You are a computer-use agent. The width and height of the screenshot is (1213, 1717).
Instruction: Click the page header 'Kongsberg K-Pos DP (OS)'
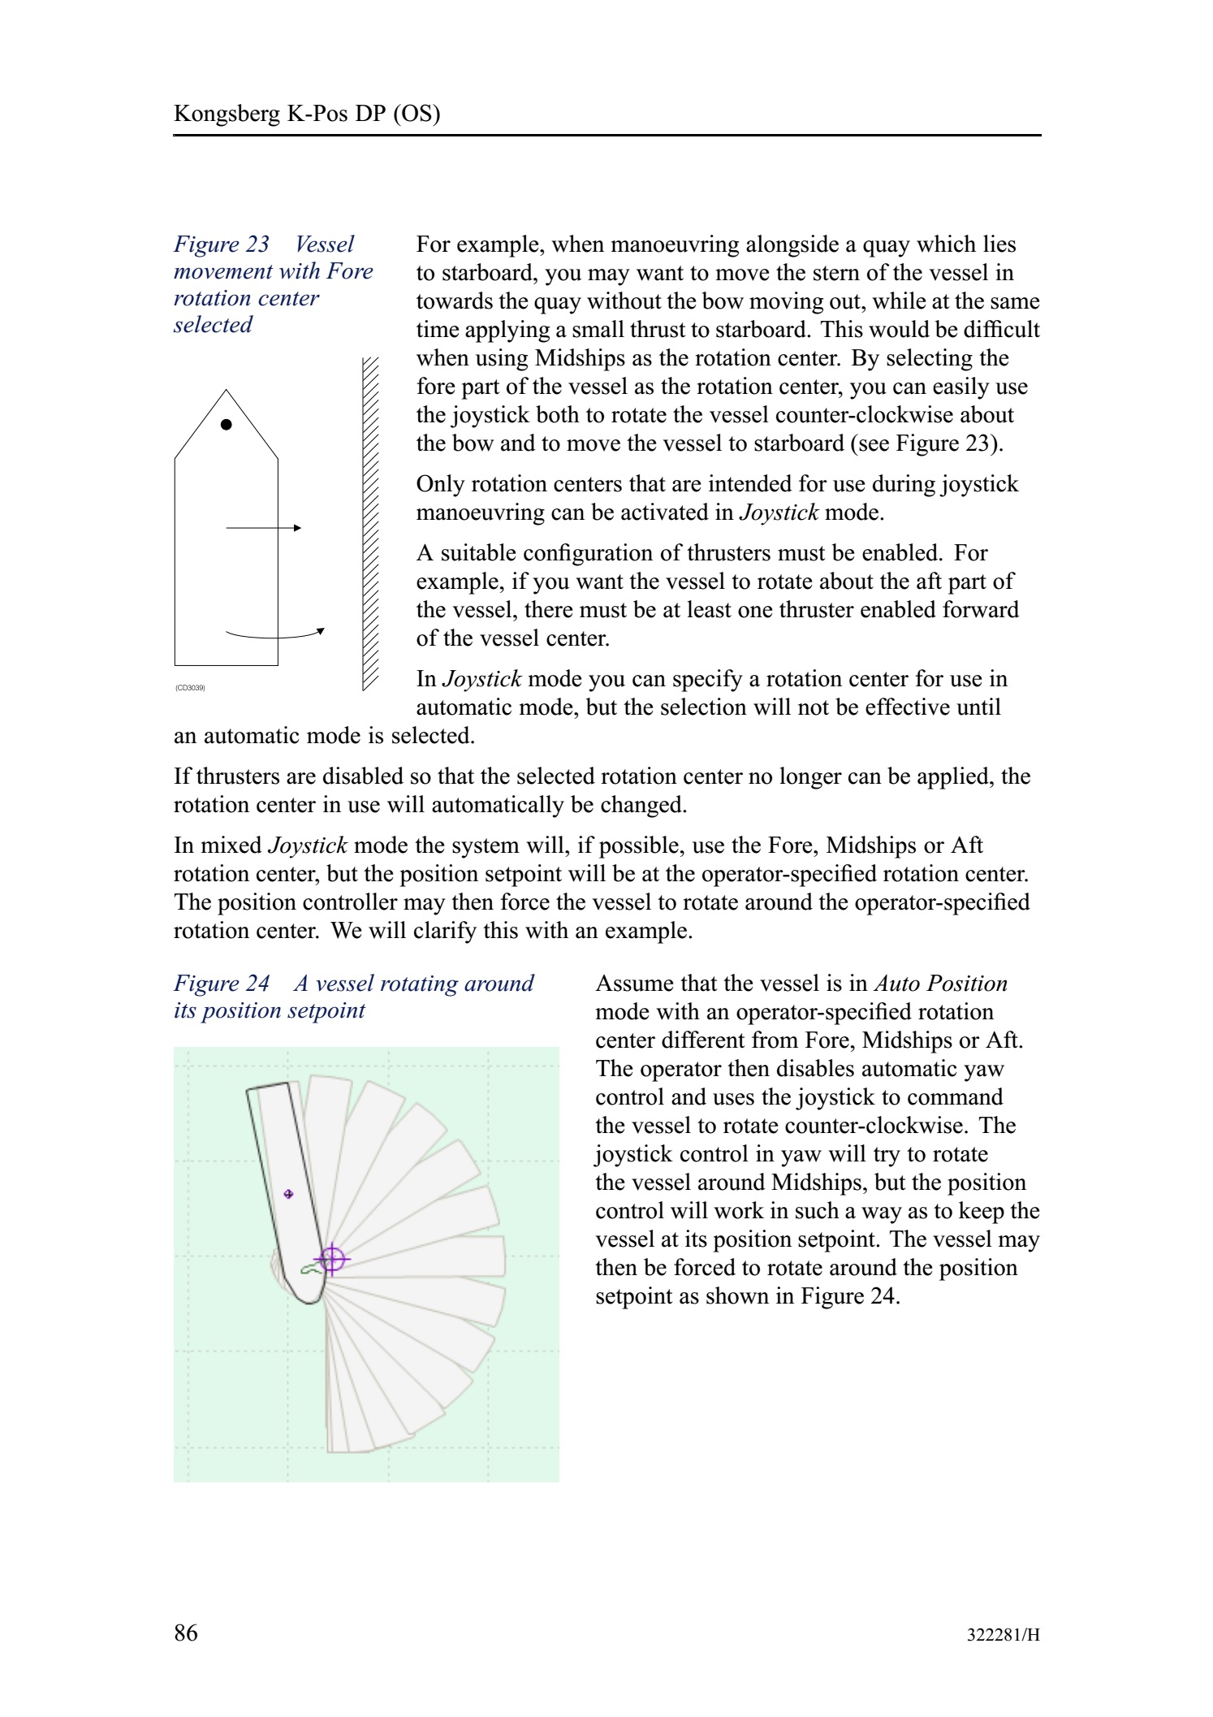tap(307, 113)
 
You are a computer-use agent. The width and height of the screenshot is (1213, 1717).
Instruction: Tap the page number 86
tap(185, 1633)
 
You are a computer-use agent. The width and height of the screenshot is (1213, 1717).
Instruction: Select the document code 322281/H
tap(1003, 1635)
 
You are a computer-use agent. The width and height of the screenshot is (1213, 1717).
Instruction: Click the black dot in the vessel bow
tap(227, 425)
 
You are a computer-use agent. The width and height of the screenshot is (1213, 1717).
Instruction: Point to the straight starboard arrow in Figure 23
tap(264, 528)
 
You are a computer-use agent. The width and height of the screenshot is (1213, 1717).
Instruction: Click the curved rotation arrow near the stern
tap(276, 635)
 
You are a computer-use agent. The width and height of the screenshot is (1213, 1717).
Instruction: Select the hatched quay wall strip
tap(370, 524)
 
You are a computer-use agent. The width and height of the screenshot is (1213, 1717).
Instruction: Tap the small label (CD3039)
tap(190, 688)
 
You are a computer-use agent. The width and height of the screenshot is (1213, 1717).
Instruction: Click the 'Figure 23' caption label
tap(222, 244)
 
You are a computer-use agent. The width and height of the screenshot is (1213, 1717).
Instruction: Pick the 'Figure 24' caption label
tap(222, 984)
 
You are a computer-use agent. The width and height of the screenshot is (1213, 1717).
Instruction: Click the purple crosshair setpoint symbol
tap(331, 1259)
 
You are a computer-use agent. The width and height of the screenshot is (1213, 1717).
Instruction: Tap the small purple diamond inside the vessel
tap(288, 1194)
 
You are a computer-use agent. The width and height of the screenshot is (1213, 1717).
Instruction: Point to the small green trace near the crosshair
tap(309, 1269)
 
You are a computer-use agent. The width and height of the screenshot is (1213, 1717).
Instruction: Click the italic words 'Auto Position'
tap(940, 984)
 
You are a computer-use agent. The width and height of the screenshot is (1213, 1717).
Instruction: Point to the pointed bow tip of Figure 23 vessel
tap(226, 391)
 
